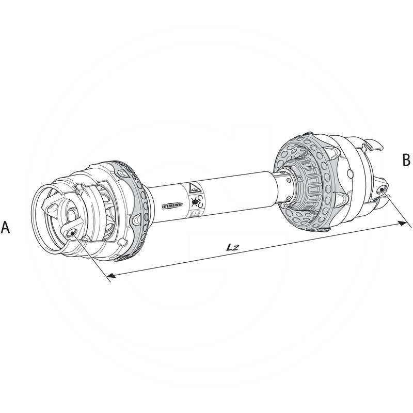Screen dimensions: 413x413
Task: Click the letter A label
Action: [x=6, y=228]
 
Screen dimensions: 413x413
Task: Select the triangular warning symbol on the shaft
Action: [x=194, y=188]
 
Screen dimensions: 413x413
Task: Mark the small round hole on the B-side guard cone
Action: [x=351, y=172]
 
